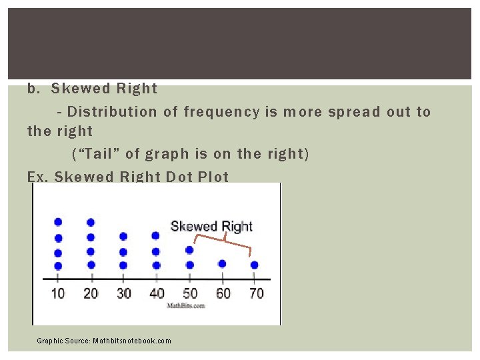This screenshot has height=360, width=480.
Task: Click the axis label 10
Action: pyautogui.click(x=58, y=293)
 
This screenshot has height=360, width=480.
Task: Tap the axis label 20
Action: pyautogui.click(x=91, y=293)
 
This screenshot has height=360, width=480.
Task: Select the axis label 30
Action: pyautogui.click(x=124, y=293)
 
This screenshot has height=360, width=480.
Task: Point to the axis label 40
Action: pyautogui.click(x=157, y=293)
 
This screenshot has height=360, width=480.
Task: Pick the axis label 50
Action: pyautogui.click(x=189, y=293)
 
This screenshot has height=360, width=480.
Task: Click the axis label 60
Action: pyautogui.click(x=223, y=293)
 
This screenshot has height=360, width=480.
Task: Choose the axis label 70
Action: pyautogui.click(x=255, y=293)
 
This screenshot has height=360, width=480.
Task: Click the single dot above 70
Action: pyautogui.click(x=254, y=265)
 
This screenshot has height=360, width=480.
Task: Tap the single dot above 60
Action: pyautogui.click(x=222, y=263)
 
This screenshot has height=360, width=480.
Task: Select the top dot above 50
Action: pyautogui.click(x=189, y=250)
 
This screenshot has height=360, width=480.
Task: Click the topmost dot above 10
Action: pyautogui.click(x=58, y=222)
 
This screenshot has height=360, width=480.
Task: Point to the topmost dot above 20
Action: pyautogui.click(x=91, y=222)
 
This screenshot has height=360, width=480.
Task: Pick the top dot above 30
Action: pyautogui.click(x=123, y=236)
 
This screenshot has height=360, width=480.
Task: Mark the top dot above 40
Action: pyautogui.click(x=156, y=235)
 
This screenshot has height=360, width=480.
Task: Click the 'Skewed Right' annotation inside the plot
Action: pyautogui.click(x=211, y=226)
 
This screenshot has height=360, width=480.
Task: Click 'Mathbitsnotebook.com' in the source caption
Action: pyautogui.click(x=132, y=341)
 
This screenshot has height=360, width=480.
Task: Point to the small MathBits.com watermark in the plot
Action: pyautogui.click(x=190, y=305)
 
